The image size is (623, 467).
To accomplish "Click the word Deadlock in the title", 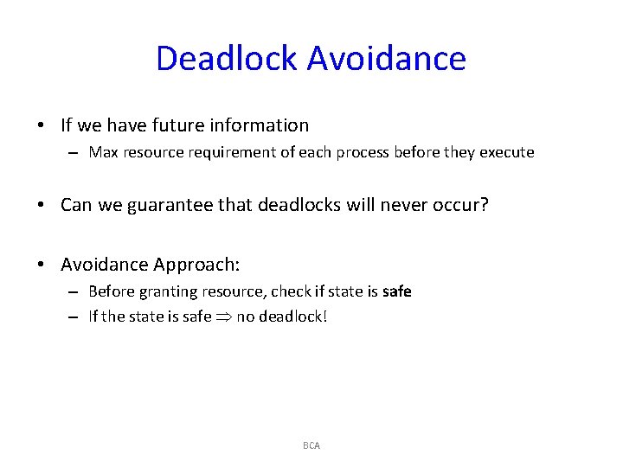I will point(227,59).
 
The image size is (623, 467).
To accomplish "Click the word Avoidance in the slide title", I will point(386,59).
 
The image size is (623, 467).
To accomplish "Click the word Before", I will point(112,291).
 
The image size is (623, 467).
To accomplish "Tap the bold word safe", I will point(396,291).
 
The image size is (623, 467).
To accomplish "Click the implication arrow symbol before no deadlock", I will point(224,317).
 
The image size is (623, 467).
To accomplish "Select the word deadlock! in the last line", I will point(294,317).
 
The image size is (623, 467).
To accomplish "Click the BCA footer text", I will point(311,445).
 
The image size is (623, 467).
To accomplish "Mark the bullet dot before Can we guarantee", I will point(42,206).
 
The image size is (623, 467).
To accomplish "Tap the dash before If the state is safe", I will point(74,317).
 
